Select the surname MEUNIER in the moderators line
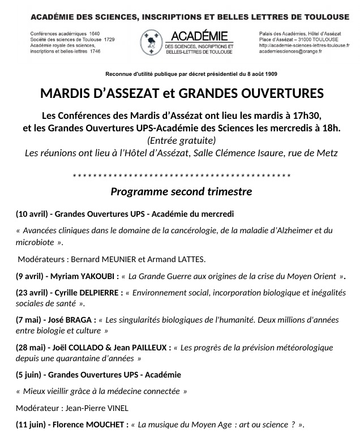point(119,259)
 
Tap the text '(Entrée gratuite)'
point(181,140)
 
